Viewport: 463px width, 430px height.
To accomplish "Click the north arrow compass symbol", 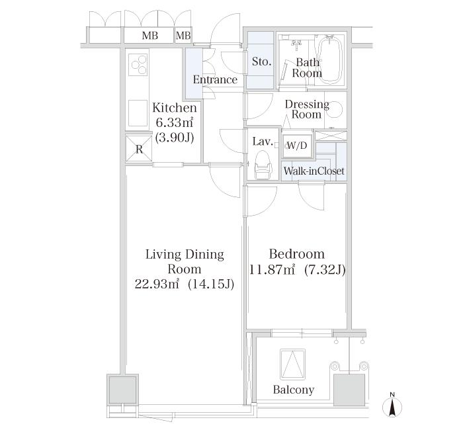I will (392, 405).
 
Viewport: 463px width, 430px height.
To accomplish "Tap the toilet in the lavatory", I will (263, 163).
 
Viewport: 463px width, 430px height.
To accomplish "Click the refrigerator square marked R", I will (139, 149).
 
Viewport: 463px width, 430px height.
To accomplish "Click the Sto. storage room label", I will (261, 62).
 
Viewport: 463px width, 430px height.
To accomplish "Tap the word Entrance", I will (215, 80).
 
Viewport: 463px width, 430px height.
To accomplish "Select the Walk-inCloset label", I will (314, 171).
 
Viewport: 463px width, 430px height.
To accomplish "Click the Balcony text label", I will (294, 390).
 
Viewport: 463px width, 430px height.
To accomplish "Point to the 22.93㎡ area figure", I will (157, 284).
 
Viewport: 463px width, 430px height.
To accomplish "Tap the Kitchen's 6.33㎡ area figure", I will (174, 122).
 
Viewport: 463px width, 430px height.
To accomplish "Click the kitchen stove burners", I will (140, 64).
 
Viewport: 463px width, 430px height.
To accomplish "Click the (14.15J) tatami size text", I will (212, 284).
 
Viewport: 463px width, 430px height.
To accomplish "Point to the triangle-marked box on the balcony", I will (291, 364).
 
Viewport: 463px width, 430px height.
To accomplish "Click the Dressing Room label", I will (307, 109).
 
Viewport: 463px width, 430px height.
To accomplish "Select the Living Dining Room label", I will (185, 261).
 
